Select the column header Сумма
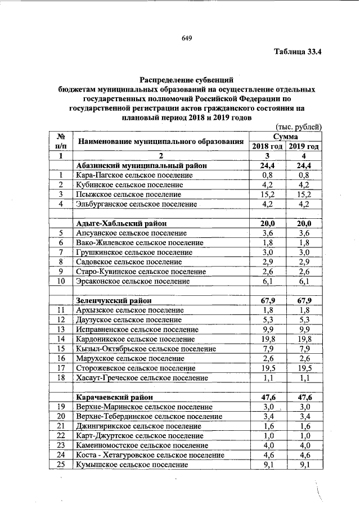pos(286,136)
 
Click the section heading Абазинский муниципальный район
pos(141,166)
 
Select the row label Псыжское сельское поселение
pos(131,194)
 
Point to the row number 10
pos(60,281)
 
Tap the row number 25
pos(60,465)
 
